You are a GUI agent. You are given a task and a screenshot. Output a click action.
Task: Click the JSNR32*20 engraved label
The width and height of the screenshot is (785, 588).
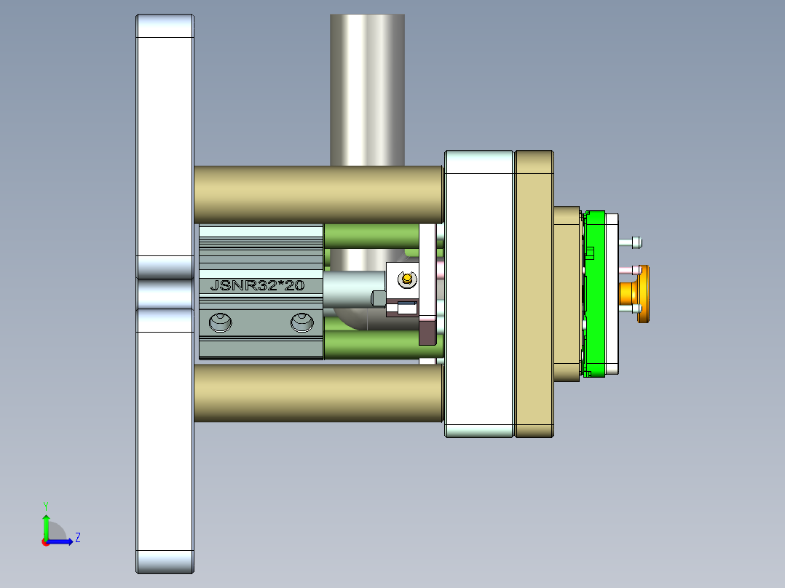256,286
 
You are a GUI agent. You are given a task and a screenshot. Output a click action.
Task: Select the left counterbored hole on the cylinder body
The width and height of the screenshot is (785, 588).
219,322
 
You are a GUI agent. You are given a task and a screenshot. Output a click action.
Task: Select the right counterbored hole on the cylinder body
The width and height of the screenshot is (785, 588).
302,322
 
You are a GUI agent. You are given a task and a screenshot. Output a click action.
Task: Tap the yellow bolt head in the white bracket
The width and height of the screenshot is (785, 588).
406,277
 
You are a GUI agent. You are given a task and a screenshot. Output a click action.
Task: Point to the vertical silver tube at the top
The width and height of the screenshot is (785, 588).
367,87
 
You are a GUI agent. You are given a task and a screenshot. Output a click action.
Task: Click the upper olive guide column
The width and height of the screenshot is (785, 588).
318,194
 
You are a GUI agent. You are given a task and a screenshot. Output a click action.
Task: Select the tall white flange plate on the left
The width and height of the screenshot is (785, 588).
165,146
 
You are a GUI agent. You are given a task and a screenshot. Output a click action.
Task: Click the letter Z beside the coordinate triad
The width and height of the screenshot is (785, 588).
77,538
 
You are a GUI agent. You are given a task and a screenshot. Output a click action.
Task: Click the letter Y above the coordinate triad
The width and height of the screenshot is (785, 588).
46,505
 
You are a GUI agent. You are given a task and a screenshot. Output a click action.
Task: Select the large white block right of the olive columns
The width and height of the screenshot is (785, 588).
478,293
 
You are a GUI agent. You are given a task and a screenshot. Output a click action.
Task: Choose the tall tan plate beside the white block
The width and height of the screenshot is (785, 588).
534,293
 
